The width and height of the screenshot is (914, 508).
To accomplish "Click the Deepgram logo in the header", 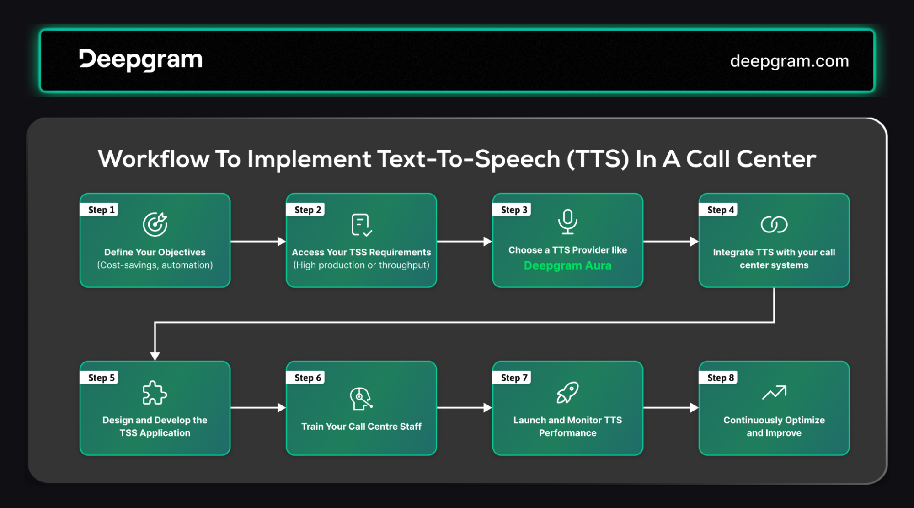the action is [x=140, y=60].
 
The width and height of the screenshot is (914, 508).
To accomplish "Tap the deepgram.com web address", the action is [x=789, y=61].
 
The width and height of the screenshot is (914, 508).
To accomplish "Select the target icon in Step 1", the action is [x=155, y=224].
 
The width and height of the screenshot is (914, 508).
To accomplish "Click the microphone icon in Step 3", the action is [x=567, y=222].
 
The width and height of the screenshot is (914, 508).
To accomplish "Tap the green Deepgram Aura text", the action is [x=567, y=265].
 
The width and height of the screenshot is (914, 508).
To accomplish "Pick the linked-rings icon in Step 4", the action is [x=774, y=224].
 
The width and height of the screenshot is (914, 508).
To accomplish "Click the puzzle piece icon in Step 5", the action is [x=155, y=393].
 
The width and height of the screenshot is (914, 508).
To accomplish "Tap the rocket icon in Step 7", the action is [x=567, y=392].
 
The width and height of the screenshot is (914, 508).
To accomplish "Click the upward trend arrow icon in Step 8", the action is [x=774, y=392].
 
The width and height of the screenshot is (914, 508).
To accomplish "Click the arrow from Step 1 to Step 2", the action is [x=258, y=241].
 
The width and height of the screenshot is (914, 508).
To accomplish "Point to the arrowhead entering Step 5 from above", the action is [x=155, y=356].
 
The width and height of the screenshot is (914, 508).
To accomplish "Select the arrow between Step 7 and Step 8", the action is [x=671, y=407].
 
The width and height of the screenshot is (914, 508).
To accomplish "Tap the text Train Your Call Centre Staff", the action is [x=361, y=427].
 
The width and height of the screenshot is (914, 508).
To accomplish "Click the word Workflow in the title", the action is [x=154, y=159].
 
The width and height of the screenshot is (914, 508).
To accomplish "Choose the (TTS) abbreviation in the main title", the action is [x=598, y=159].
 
